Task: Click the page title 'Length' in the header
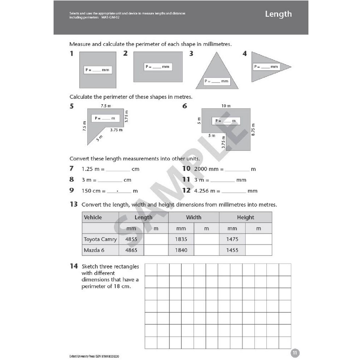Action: click(x=278, y=14)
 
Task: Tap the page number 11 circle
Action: click(x=295, y=353)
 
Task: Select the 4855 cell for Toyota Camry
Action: click(x=131, y=239)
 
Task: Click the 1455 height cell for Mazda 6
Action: click(x=232, y=250)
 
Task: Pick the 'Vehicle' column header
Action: click(x=93, y=218)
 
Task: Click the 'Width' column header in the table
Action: click(x=194, y=218)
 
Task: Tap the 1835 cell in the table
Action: click(x=181, y=239)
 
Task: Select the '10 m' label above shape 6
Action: click(x=226, y=106)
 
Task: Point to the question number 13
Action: click(x=73, y=205)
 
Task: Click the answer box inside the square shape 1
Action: click(x=98, y=70)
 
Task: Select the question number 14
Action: click(x=73, y=266)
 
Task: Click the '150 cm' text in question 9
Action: click(x=91, y=191)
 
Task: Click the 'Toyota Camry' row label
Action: click(x=100, y=239)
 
